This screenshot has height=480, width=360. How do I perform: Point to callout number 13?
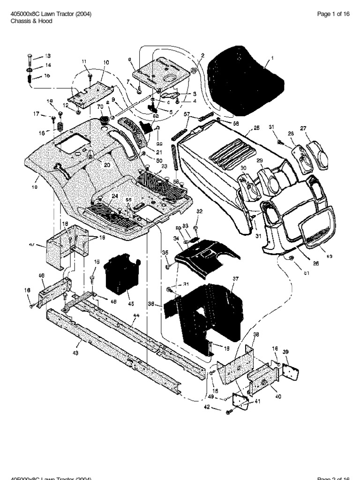pos(47,56)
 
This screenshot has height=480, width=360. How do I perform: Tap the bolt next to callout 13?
pos(29,59)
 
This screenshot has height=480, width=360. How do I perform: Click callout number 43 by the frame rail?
pos(75,353)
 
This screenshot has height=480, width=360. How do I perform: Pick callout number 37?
pos(235,278)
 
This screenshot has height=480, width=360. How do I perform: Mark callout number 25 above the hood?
pos(256,128)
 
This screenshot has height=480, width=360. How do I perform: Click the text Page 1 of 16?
pos(333,14)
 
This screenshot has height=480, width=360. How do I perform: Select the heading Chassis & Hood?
pos(29,22)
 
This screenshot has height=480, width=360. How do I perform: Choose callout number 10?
pos(106,62)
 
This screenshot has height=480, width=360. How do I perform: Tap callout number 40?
pos(278,396)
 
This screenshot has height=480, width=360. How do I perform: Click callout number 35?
pos(164,253)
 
